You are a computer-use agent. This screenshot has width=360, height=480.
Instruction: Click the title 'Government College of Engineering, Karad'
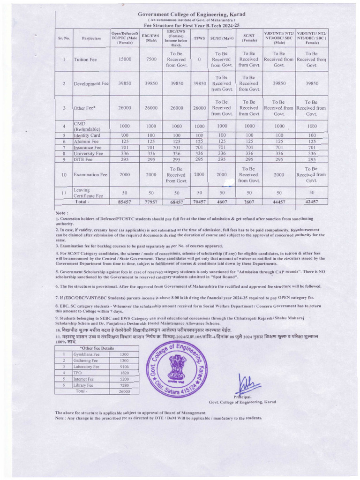192,15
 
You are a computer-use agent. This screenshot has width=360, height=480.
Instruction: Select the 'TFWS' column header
199,37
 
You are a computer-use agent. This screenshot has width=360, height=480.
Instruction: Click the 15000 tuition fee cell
125,60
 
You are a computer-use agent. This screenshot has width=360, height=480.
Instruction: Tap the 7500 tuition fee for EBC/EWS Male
151,60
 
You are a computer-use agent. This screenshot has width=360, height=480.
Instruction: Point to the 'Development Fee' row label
91,83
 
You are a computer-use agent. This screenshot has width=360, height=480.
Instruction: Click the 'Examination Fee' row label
91,174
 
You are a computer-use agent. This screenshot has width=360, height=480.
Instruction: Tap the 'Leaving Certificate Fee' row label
89,192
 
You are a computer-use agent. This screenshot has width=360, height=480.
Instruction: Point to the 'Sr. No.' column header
63,37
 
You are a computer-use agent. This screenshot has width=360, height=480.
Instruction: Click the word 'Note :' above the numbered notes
62,212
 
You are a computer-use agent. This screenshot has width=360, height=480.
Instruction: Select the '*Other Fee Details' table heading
97,348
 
